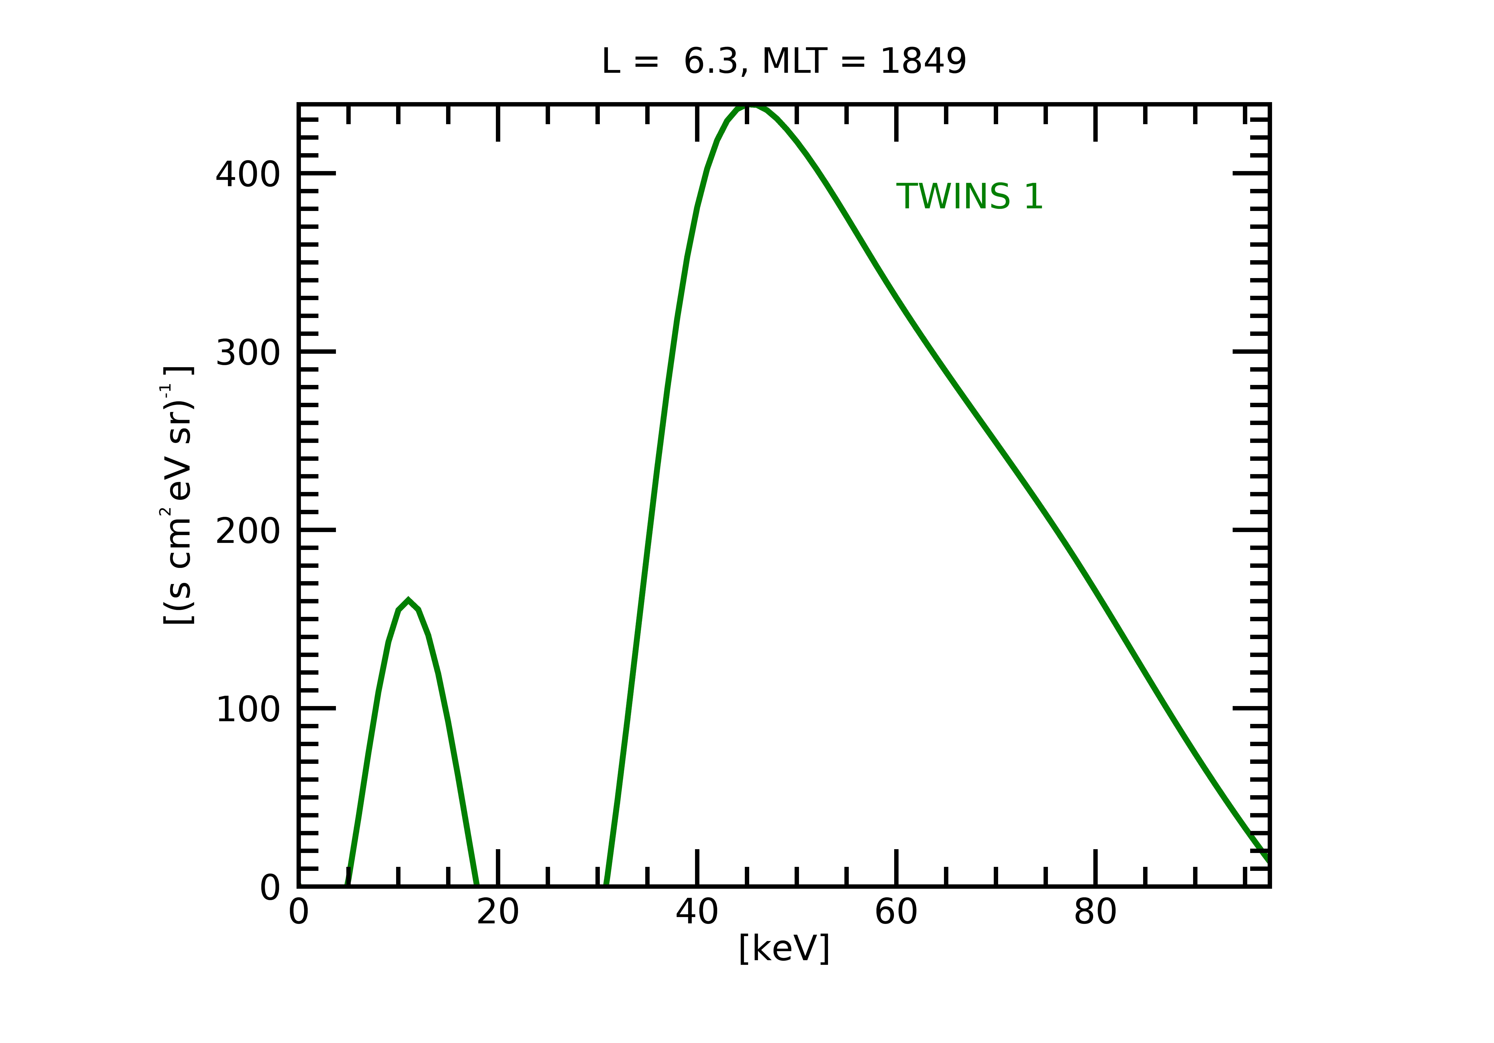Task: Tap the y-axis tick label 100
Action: tap(247, 710)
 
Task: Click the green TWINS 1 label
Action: tap(969, 197)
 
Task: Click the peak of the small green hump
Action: tap(408, 601)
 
